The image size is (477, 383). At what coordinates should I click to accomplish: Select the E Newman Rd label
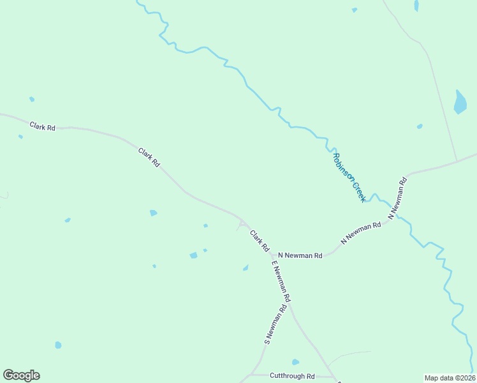281,281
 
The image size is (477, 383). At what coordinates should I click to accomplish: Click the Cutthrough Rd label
292,376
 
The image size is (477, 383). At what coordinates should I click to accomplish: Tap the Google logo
21,375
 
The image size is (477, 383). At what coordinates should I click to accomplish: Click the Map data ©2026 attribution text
449,377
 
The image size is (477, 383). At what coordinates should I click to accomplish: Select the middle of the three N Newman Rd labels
360,233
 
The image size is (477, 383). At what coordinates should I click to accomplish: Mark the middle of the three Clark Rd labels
149,157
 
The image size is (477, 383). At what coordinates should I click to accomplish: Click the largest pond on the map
460,102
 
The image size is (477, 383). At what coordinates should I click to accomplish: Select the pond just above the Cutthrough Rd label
295,362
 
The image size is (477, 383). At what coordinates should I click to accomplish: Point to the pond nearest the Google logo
58,345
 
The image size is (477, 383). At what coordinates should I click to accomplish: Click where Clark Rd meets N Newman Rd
272,255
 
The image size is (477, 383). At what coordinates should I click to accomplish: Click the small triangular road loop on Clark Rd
242,225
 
